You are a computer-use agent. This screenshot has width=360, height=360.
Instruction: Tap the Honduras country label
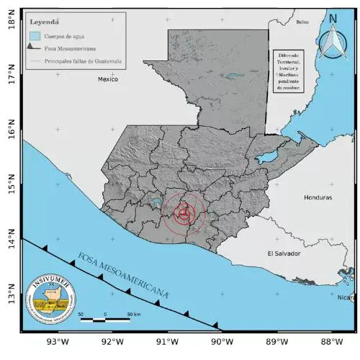tap(318, 197)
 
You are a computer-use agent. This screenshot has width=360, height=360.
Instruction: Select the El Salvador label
tap(283, 253)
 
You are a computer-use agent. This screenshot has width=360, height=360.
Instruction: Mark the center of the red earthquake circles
tap(185, 212)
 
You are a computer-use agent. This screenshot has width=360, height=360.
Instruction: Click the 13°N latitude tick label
tap(10, 296)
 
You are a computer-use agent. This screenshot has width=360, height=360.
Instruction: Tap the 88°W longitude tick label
tap(330, 341)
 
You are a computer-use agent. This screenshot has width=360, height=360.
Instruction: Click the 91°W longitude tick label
tap(166, 341)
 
